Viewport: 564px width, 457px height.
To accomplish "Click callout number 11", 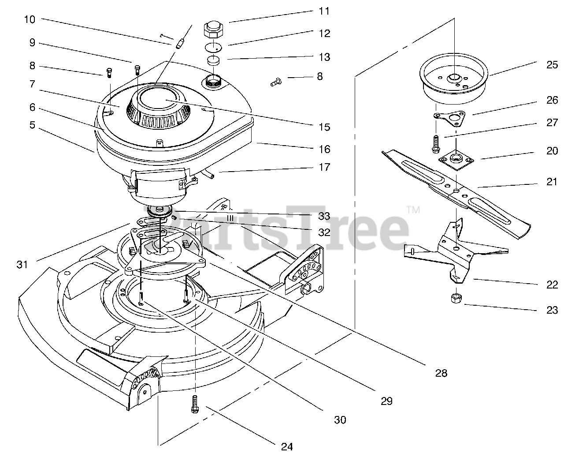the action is coord(324,11).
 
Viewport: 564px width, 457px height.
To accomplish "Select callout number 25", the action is coord(552,65).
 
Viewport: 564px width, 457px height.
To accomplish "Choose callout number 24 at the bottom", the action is coord(287,446).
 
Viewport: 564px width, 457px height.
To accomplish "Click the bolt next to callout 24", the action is coord(194,404).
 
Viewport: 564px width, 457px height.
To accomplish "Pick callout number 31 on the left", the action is coord(22,264).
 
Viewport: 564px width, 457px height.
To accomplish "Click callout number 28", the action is coord(441,373).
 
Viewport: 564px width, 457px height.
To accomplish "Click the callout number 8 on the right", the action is coord(319,77).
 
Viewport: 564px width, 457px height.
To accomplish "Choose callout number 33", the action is coord(324,216).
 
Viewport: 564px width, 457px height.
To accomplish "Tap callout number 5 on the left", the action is coord(32,125).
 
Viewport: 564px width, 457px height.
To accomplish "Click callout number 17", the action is coord(324,167).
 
